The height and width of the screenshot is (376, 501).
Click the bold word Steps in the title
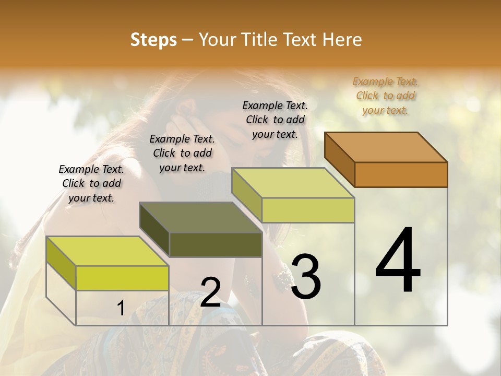coord(153,40)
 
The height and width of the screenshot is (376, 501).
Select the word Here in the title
coord(342,40)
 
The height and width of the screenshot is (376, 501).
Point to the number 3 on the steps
coord(305,277)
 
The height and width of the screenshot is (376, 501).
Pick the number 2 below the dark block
coord(210,293)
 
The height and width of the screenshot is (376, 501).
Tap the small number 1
coord(121,309)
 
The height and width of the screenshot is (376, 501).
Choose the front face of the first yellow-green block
coord(122,278)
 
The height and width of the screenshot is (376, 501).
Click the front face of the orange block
coord(401,174)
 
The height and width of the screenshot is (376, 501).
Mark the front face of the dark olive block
coord(216,245)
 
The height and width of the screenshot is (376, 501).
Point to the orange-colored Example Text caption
coord(385,96)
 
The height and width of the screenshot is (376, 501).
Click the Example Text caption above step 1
coord(91,183)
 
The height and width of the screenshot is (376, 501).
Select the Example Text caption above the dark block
coord(182,153)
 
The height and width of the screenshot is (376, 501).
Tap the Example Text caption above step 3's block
coord(275,120)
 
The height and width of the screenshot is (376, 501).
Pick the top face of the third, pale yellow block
coord(293,183)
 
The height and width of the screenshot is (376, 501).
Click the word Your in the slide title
coord(218,40)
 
